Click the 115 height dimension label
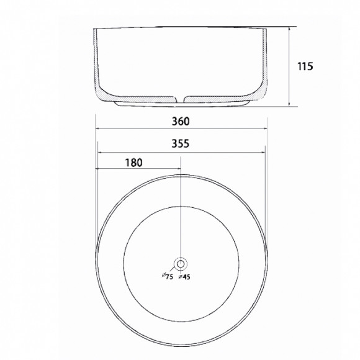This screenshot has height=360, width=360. coord(305,66)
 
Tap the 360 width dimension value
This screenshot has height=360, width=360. coord(181,122)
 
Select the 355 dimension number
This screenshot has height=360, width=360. coord(181,143)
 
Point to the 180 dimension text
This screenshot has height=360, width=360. coord(133,163)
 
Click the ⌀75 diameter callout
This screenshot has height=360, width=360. coord(167,276)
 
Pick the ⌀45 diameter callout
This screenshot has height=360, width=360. coord(184,277)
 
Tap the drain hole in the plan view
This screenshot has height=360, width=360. coord(181,264)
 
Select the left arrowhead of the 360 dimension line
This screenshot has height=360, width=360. coord(97,129)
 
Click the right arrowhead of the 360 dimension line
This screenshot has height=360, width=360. coord(266,129)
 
